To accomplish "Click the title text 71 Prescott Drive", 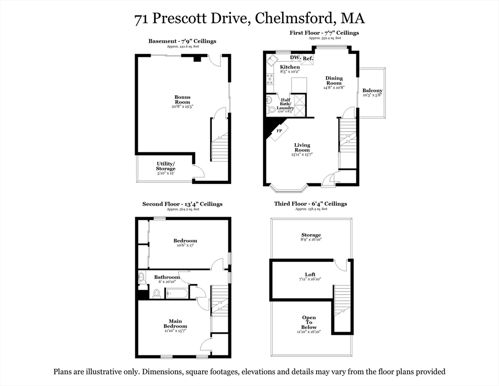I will [192, 19].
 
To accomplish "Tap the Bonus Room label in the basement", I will [182, 100].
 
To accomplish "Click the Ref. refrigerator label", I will [308, 59].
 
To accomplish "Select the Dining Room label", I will [334, 80].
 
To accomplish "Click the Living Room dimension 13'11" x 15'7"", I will [302, 155].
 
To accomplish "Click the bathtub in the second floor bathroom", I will [177, 293].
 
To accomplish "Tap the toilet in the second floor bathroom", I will [156, 293].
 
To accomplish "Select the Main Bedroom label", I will [175, 324].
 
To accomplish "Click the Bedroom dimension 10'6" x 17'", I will [185, 245].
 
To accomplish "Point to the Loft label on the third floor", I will [310, 274].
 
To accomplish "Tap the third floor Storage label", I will [311, 235].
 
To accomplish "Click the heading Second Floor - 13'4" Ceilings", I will [182, 204].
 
